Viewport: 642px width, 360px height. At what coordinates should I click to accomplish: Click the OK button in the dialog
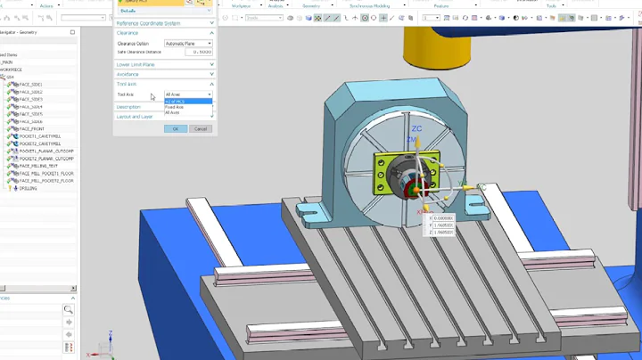(176, 128)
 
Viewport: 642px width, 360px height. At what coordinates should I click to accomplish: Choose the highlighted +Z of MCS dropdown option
(176, 102)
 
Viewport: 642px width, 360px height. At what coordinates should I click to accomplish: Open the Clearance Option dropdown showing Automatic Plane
(188, 43)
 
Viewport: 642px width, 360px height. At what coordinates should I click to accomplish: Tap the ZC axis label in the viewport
(416, 129)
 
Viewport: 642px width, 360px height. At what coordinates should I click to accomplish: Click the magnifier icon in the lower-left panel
(68, 310)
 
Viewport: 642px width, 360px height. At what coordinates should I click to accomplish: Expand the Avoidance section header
(128, 74)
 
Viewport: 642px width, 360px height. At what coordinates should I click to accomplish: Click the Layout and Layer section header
(135, 117)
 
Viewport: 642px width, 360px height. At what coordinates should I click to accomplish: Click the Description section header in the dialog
(129, 107)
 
